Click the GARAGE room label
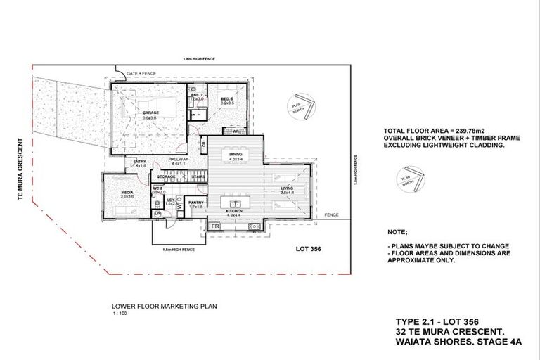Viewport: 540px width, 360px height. point(150,112)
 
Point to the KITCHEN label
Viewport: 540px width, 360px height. point(234,210)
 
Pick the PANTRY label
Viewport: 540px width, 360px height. point(195,202)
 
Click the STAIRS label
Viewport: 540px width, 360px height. point(198,177)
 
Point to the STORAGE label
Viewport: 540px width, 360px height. point(167,177)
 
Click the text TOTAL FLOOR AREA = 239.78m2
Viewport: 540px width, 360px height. point(430,131)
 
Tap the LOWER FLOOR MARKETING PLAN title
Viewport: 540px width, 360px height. point(154,307)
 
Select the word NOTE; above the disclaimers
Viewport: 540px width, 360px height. point(397,231)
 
